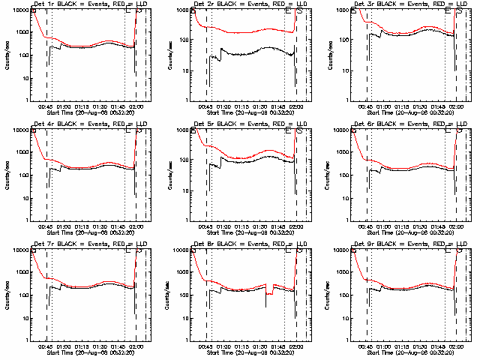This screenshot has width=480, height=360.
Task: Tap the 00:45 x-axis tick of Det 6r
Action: pyautogui.click(x=367, y=226)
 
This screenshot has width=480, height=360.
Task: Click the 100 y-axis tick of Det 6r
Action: pyautogui.click(x=343, y=175)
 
